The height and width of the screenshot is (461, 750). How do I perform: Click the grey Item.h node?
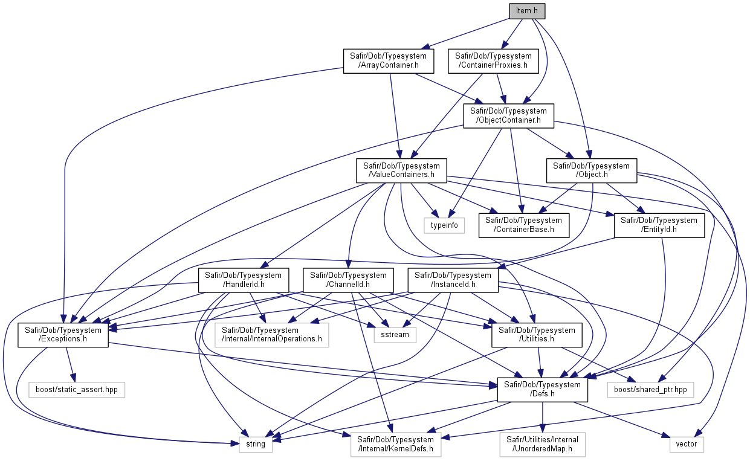coord(527,11)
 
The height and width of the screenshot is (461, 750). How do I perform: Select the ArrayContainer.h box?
coord(389,61)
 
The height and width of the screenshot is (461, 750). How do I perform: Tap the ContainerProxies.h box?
coord(493,61)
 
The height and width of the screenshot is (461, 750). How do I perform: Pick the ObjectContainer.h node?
coord(508,116)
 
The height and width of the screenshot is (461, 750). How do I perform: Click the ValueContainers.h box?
coord(401,171)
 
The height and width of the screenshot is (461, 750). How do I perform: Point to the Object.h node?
coord(592,171)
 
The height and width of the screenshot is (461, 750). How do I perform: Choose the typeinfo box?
coord(444,225)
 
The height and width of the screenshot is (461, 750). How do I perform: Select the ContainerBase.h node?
coord(523,225)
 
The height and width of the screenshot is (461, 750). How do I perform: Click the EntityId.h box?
coord(659,225)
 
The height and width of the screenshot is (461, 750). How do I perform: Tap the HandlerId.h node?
coord(244,280)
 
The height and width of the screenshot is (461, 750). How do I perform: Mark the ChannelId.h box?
coord(348,280)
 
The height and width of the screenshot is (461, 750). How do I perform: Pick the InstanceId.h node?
coord(453,280)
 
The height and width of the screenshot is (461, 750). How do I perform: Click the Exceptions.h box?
coord(63,335)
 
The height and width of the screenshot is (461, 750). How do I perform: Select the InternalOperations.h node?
coord(271,335)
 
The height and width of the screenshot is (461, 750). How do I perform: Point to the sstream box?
coord(395,335)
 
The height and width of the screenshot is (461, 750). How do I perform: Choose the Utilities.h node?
coord(537,335)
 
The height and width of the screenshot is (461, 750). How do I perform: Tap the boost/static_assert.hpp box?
coord(77,390)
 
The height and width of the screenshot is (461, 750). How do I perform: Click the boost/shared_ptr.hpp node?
coord(650,390)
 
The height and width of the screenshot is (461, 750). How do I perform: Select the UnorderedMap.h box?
coord(543,444)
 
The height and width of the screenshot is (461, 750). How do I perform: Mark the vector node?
coord(687,444)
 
